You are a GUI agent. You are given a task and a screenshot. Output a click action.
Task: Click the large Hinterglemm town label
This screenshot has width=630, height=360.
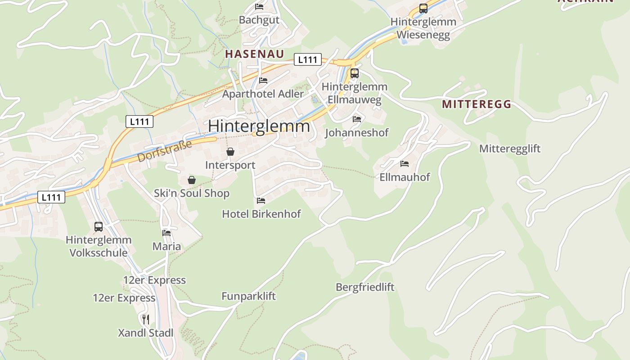pyautogui.click(x=259, y=126)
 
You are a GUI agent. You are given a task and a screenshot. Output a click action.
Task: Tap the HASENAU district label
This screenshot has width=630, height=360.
pyautogui.click(x=254, y=54)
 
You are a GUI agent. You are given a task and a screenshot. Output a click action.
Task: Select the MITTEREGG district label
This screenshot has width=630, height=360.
pyautogui.click(x=477, y=104)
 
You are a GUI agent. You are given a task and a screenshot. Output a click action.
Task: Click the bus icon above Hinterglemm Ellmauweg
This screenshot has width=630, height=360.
pyautogui.click(x=355, y=73)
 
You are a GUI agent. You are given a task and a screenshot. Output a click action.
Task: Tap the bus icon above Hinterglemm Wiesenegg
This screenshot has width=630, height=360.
pyautogui.click(x=423, y=8)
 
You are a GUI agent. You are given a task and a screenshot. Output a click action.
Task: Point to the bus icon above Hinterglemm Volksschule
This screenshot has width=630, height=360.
pyautogui.click(x=99, y=226)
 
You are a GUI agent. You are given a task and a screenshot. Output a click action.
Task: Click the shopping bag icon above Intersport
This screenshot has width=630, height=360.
pyautogui.click(x=230, y=152)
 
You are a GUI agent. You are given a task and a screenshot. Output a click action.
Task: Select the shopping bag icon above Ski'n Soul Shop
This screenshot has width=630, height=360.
pyautogui.click(x=192, y=180)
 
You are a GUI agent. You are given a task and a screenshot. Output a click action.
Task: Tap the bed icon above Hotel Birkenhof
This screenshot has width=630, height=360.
pyautogui.click(x=261, y=200)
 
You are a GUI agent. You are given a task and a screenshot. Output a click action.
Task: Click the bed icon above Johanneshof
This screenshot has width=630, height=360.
pyautogui.click(x=357, y=119)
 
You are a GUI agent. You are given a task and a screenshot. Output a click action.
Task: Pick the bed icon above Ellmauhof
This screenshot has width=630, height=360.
pyautogui.click(x=405, y=163)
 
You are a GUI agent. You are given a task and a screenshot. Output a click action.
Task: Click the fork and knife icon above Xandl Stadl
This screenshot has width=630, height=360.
pyautogui.click(x=145, y=319)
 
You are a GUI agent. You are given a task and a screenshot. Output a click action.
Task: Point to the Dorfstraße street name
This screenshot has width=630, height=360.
pyautogui.click(x=165, y=151)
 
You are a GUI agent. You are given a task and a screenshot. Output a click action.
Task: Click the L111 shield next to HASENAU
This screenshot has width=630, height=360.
pyautogui.click(x=308, y=59)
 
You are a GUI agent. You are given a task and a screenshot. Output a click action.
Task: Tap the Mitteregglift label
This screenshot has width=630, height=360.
pyautogui.click(x=509, y=149)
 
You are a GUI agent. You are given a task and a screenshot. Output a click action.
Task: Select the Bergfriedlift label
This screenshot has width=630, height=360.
pyautogui.click(x=365, y=287)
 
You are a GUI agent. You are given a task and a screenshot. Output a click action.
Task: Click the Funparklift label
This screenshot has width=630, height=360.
pyautogui.click(x=248, y=296)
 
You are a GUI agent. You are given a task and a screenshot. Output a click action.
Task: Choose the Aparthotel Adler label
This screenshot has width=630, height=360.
pyautogui.click(x=263, y=94)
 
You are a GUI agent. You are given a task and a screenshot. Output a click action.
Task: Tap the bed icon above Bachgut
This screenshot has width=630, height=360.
pyautogui.click(x=259, y=6)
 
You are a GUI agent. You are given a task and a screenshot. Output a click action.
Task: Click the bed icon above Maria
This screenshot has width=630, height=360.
pyautogui.click(x=166, y=233)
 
